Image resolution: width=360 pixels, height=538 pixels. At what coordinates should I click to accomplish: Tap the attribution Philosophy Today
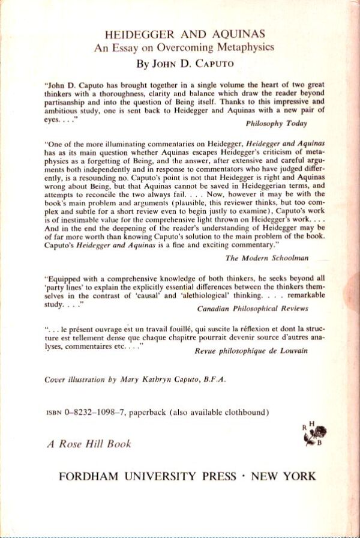(x=277, y=124)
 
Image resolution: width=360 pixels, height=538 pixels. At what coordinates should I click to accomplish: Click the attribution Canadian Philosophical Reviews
(x=253, y=309)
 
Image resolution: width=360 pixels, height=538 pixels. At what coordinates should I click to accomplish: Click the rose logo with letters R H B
(x=317, y=434)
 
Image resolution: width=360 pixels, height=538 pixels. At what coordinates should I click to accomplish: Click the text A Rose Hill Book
(x=88, y=444)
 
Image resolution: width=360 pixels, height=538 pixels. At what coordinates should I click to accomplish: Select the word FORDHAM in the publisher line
(x=89, y=477)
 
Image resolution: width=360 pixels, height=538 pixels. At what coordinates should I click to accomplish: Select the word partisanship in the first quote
(x=71, y=103)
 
